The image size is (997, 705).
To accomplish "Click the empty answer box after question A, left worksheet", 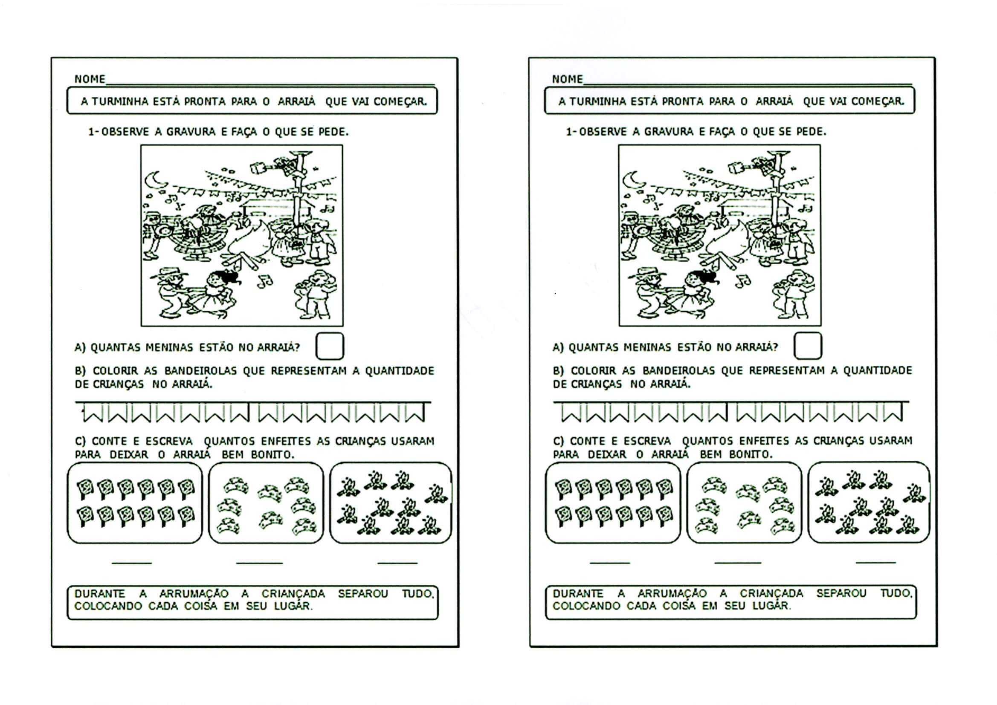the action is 330,346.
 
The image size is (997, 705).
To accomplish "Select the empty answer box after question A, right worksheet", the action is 808,346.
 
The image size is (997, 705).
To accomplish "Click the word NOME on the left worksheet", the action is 90,79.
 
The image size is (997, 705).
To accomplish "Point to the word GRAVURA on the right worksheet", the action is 669,132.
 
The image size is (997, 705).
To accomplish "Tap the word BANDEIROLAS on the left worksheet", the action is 200,371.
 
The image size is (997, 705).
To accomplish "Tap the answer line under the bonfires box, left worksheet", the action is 397,563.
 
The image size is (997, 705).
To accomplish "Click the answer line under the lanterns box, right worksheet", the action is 610,563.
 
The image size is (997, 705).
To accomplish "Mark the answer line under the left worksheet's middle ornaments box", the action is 260,563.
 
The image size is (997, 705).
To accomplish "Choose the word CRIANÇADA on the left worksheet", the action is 293,593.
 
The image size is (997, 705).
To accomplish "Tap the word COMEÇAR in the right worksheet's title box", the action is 878,101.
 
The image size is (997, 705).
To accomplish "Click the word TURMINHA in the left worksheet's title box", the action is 116,101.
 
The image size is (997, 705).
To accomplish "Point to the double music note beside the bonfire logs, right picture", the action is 742,281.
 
